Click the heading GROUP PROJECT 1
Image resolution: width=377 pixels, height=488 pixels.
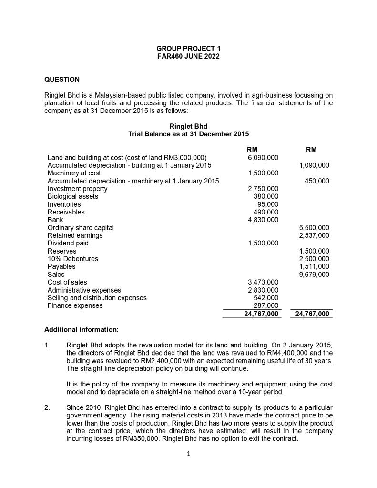pos(188,49)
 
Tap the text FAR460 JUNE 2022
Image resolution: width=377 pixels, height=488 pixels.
pos(188,56)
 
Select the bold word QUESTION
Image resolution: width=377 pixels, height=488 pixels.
pos(62,79)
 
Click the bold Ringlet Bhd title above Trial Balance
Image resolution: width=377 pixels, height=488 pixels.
pos(188,126)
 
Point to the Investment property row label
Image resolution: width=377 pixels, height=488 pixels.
pos(77,189)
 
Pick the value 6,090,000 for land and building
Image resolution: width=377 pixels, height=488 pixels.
pos(263,158)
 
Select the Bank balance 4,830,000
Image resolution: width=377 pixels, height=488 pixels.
pos(263,220)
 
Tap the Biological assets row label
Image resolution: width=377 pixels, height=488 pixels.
pos(73,196)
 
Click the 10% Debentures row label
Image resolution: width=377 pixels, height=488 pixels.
pos(73,259)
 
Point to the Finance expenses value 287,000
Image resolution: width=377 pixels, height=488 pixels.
pos(265,305)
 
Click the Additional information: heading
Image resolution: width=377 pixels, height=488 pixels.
pos(81,329)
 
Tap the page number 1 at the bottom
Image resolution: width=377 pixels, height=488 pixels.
pos(188,454)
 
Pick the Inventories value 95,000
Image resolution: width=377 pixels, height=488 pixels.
pos(267,204)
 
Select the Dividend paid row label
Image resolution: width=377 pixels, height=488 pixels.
pos(68,243)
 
